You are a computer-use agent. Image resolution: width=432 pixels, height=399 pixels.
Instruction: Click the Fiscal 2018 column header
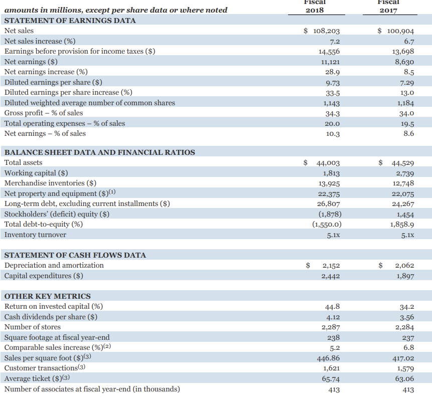coord(315,7)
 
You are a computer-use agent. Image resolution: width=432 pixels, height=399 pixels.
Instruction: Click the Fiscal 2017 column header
coord(388,7)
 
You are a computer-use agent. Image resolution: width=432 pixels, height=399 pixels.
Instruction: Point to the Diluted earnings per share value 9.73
coord(333,83)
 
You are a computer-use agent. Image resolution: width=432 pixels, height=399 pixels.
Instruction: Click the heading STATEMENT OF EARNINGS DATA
coord(70,20)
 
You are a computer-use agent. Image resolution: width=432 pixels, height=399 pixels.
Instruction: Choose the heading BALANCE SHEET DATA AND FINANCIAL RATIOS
coord(99,152)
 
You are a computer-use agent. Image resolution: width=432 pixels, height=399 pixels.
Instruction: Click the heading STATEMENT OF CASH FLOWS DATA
coord(75,255)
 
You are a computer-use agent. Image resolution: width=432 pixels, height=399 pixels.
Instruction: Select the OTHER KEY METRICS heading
coord(47,296)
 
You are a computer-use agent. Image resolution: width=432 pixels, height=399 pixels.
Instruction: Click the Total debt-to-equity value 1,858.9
coord(401,225)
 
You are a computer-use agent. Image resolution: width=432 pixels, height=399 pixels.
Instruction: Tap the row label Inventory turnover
coord(35,235)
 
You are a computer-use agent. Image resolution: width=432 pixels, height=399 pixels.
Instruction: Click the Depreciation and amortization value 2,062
coord(404,266)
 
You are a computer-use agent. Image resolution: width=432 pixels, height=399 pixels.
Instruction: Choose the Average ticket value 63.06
coord(404,379)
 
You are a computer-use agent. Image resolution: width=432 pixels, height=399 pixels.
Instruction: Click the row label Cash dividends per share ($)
coord(51,317)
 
